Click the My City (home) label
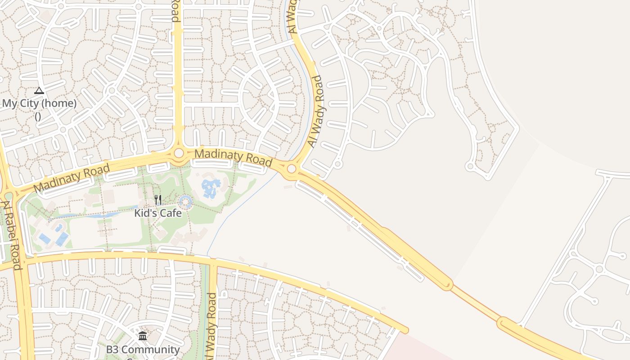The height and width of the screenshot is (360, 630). (39, 103)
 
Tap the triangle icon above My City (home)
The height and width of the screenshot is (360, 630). (39, 91)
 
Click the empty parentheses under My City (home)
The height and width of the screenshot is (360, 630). (38, 116)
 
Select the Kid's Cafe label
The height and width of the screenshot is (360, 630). (158, 213)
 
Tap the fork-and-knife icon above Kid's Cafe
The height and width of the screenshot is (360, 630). (158, 200)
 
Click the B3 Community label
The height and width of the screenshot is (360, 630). (143, 349)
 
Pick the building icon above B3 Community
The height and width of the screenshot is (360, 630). (143, 336)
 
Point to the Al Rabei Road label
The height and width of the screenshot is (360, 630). (12, 235)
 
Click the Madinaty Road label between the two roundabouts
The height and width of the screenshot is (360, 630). (233, 157)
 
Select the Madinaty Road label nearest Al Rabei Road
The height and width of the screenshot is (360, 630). (72, 178)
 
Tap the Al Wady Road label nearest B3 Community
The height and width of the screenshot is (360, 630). (211, 326)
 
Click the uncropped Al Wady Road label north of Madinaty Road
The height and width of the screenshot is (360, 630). (316, 111)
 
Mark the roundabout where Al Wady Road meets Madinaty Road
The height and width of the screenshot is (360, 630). (292, 169)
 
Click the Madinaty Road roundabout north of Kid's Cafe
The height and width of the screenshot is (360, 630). (179, 153)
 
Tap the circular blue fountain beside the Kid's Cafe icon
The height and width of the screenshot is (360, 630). (185, 202)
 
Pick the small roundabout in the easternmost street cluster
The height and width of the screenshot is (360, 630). (599, 269)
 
